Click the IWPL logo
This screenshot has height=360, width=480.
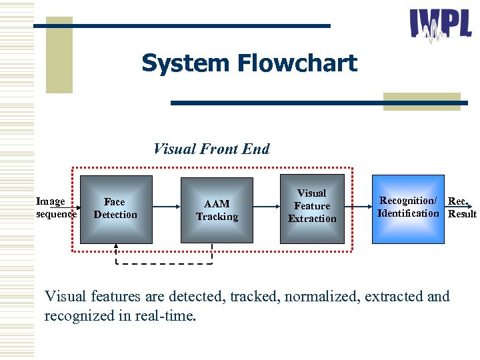tap(441, 27)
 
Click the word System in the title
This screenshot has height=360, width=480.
tap(175, 64)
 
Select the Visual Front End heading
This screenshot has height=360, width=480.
tap(211, 149)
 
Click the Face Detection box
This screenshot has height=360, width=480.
tap(116, 208)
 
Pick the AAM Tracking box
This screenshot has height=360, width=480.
tap(217, 209)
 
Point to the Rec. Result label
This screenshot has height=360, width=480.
tap(461, 207)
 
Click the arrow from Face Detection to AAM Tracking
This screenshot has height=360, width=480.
tap(167, 208)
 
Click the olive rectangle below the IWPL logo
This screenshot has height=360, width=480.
tap(421, 101)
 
